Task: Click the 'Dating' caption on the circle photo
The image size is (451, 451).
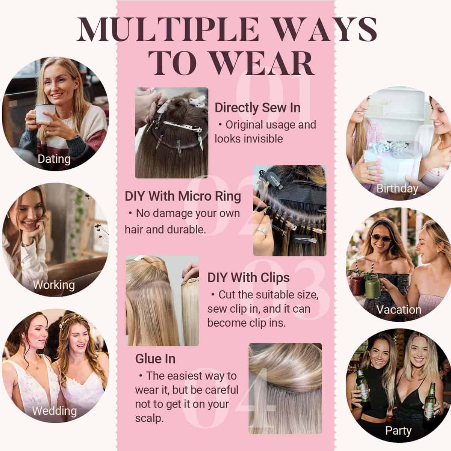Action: pyautogui.click(x=54, y=159)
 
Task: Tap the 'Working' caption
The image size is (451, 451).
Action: pyautogui.click(x=54, y=285)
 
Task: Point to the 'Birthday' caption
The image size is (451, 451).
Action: pyautogui.click(x=397, y=189)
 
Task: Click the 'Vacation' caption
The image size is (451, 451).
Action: pyautogui.click(x=399, y=310)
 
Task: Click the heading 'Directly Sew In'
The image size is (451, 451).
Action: pyautogui.click(x=257, y=108)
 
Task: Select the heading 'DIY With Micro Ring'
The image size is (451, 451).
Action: pyautogui.click(x=183, y=196)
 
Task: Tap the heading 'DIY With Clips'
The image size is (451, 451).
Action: pyautogui.click(x=248, y=278)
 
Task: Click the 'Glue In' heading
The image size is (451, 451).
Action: pyautogui.click(x=155, y=359)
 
